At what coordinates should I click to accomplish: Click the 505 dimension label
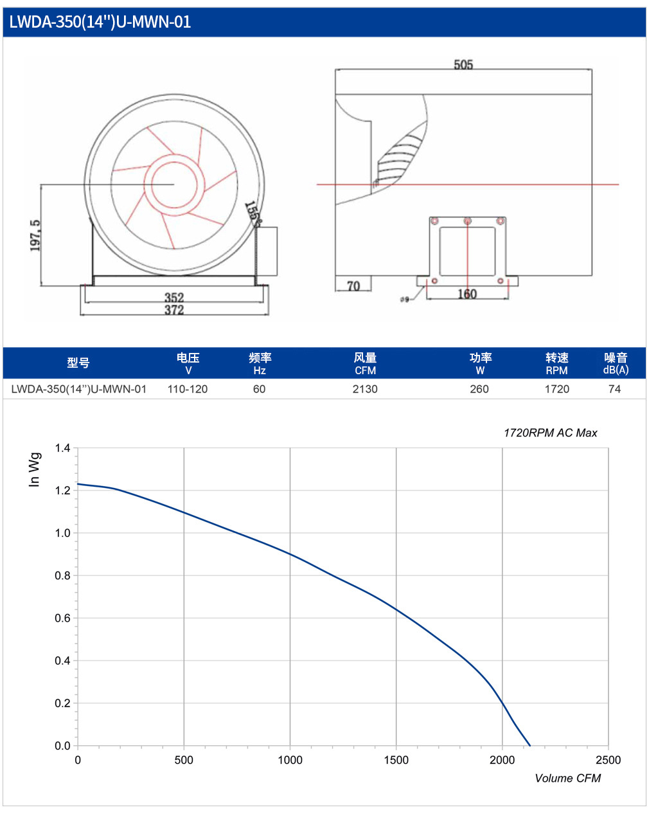pyautogui.click(x=463, y=65)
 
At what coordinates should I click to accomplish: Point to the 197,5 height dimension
pyautogui.click(x=35, y=235)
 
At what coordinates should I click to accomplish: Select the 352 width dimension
pyautogui.click(x=174, y=297)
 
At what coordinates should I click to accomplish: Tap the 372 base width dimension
pyautogui.click(x=174, y=310)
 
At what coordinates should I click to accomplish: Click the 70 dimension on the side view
pyautogui.click(x=353, y=286)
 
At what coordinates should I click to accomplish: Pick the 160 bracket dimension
pyautogui.click(x=467, y=294)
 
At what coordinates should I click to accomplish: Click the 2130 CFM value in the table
pyautogui.click(x=365, y=389)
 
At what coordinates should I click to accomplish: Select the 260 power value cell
pyautogui.click(x=479, y=389)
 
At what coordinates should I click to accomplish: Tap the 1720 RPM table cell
pyautogui.click(x=556, y=389)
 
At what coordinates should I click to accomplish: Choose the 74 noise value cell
pyautogui.click(x=615, y=389)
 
